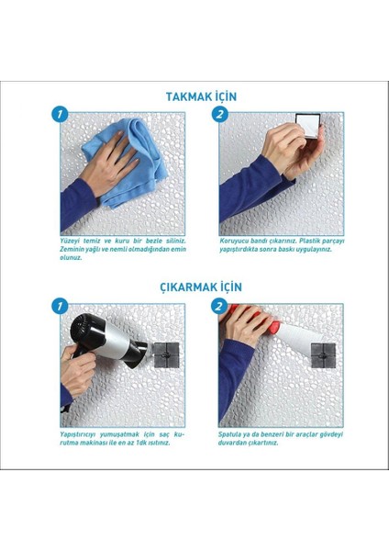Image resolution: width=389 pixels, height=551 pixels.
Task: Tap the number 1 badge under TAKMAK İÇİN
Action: pyautogui.click(x=61, y=115)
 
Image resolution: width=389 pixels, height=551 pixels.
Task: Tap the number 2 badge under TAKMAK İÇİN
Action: pyautogui.click(x=220, y=115)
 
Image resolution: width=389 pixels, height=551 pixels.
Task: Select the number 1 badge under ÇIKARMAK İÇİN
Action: pyautogui.click(x=61, y=306)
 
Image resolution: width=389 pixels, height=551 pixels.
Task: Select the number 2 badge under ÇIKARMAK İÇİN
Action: pyautogui.click(x=220, y=306)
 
